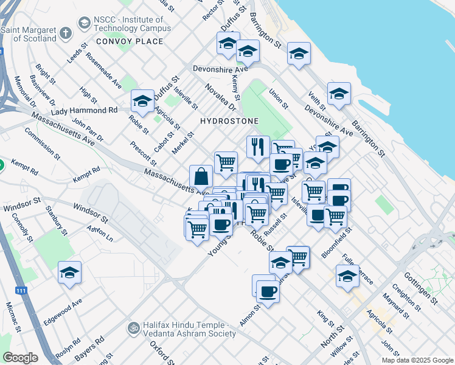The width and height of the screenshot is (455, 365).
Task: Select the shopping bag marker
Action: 201,177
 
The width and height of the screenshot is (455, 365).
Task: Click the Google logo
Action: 20,357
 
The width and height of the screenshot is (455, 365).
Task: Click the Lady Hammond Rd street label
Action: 84,111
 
